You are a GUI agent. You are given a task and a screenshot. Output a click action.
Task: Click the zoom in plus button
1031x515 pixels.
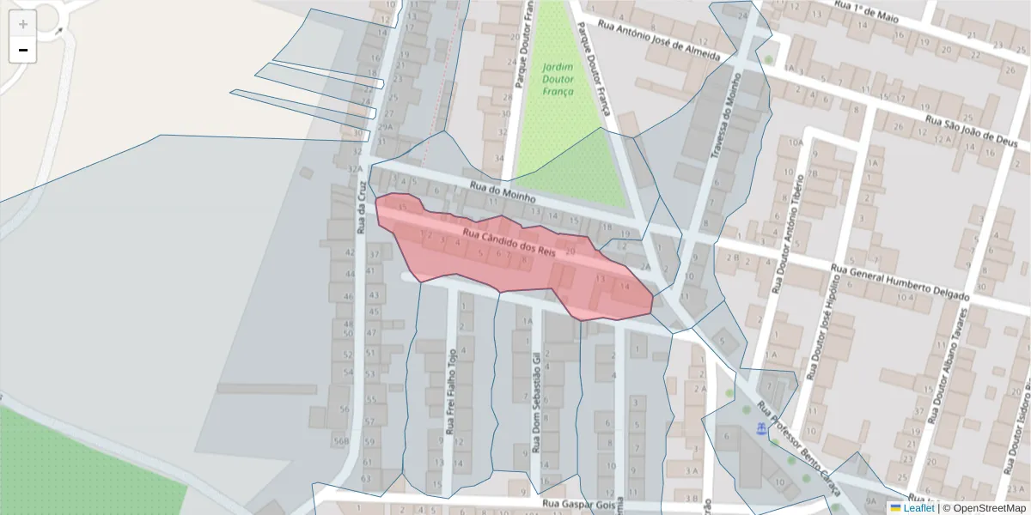click(x=23, y=23)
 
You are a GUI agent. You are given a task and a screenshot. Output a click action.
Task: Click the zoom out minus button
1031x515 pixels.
click(x=23, y=50)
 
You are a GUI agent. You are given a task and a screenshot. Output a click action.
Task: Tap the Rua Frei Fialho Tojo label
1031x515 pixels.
click(x=450, y=391)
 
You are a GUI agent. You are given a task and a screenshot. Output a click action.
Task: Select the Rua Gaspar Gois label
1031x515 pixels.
click(x=575, y=506)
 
